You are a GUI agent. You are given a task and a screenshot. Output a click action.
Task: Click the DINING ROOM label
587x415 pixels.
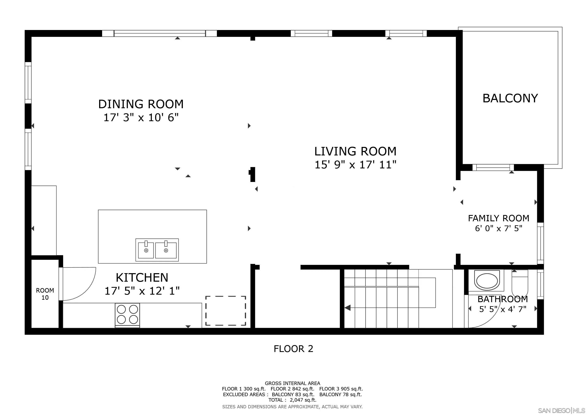141,104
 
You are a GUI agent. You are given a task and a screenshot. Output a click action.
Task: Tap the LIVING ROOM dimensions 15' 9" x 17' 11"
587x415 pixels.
355,165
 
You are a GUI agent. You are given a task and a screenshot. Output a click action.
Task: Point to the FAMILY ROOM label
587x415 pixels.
499,218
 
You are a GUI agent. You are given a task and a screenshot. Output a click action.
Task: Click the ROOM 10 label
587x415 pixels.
45,294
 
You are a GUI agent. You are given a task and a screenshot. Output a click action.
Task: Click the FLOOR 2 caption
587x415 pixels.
293,349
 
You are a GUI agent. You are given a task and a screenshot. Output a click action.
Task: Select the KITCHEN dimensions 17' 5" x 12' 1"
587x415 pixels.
142,291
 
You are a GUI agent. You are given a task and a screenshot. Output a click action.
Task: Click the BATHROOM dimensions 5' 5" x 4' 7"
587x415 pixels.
503,309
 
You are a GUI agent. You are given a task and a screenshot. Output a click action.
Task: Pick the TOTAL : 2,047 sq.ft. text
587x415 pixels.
292,400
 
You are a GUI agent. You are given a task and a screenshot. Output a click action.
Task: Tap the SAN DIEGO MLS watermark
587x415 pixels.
561,410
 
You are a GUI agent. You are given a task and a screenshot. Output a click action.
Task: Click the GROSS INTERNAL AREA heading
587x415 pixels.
292,383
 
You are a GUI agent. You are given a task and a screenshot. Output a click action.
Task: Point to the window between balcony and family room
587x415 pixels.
493,168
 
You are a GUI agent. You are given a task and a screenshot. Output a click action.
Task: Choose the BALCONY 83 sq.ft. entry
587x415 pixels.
293,394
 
